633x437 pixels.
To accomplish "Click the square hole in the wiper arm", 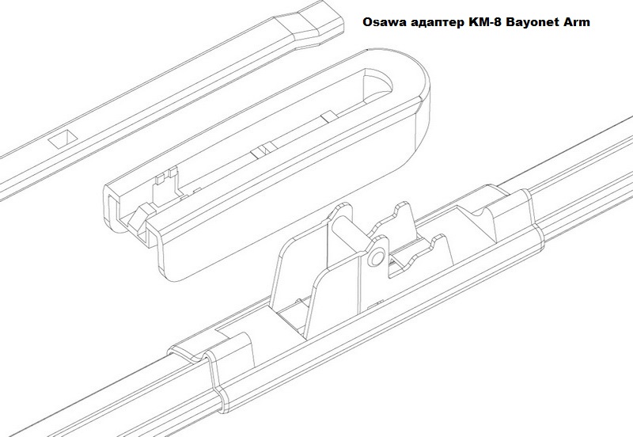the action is (x=63, y=139).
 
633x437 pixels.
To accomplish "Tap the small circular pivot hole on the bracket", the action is (x=377, y=256).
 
